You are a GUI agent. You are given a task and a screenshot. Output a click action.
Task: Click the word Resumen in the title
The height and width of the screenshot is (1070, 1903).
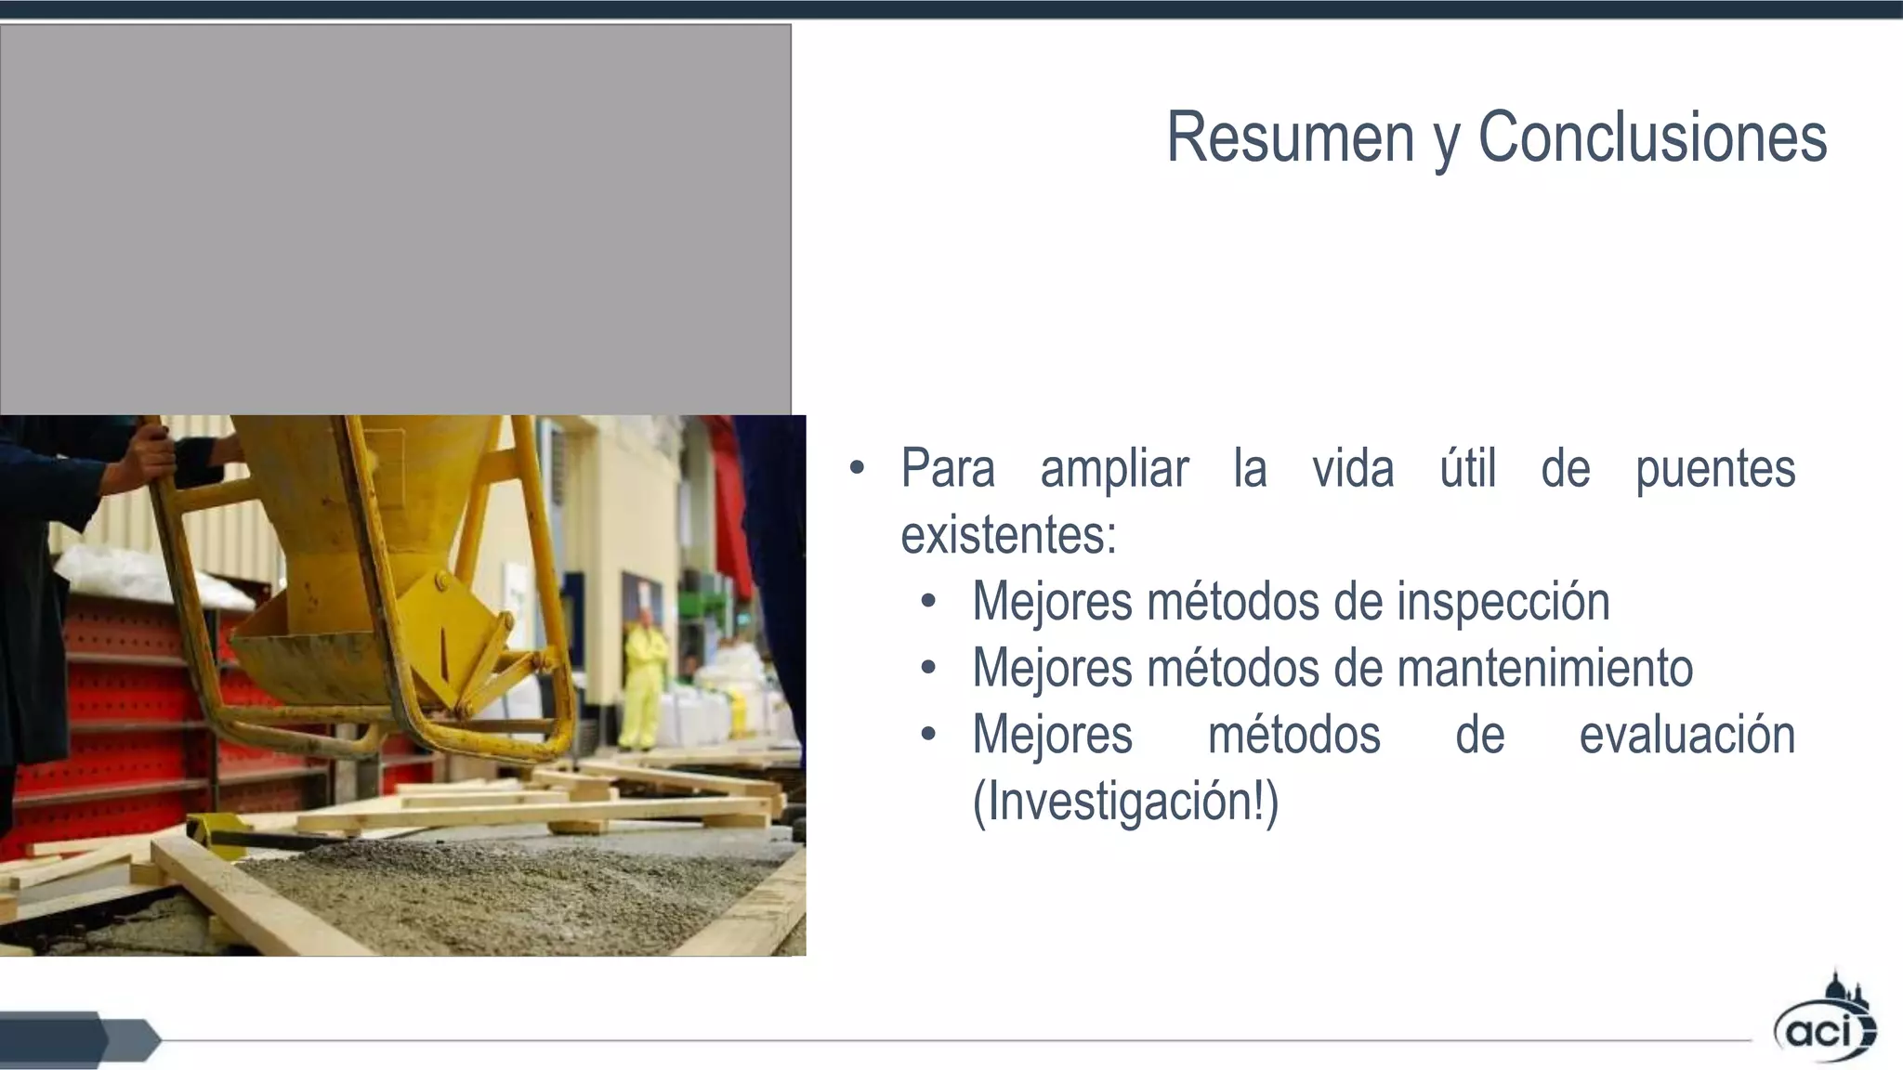(1290, 137)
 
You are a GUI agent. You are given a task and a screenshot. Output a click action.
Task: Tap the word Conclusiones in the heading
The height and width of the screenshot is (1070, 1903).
(1652, 137)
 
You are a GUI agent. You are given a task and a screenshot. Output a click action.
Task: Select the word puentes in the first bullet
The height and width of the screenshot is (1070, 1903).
(1714, 469)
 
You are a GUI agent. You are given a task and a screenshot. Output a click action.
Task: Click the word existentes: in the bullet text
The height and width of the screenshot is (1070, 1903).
(1008, 536)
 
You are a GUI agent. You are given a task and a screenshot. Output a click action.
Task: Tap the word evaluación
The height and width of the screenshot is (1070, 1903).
(1686, 735)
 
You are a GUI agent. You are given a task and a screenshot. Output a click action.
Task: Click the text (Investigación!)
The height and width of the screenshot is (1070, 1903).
(1125, 802)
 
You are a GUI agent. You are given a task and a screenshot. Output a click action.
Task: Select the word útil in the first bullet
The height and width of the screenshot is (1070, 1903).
(1467, 468)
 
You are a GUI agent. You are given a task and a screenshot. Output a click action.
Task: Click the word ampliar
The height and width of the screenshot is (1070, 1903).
(1114, 469)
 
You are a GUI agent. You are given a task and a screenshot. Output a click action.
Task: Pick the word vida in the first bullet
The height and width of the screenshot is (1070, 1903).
(1353, 468)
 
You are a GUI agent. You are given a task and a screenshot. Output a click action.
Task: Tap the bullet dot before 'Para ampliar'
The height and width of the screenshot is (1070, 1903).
(857, 468)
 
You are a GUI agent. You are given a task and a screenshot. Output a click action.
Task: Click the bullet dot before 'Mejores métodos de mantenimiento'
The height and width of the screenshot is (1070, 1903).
(928, 669)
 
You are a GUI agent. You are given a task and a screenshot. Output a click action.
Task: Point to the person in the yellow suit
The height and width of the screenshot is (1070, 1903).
(642, 678)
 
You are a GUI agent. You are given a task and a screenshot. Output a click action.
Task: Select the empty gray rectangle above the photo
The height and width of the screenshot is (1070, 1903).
(395, 219)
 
